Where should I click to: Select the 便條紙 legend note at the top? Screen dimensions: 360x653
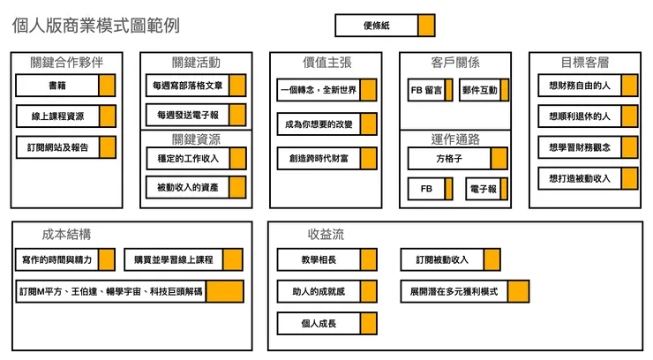(385, 26)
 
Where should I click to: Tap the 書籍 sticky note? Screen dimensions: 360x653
(65, 86)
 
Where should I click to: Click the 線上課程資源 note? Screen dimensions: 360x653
(65, 116)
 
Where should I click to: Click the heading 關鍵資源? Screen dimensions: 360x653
(196, 139)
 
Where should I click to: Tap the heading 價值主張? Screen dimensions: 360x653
(326, 63)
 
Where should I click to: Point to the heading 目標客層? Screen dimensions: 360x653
(584, 63)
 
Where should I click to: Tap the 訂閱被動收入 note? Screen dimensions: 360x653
(450, 259)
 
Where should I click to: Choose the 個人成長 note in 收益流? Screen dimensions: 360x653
(326, 324)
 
